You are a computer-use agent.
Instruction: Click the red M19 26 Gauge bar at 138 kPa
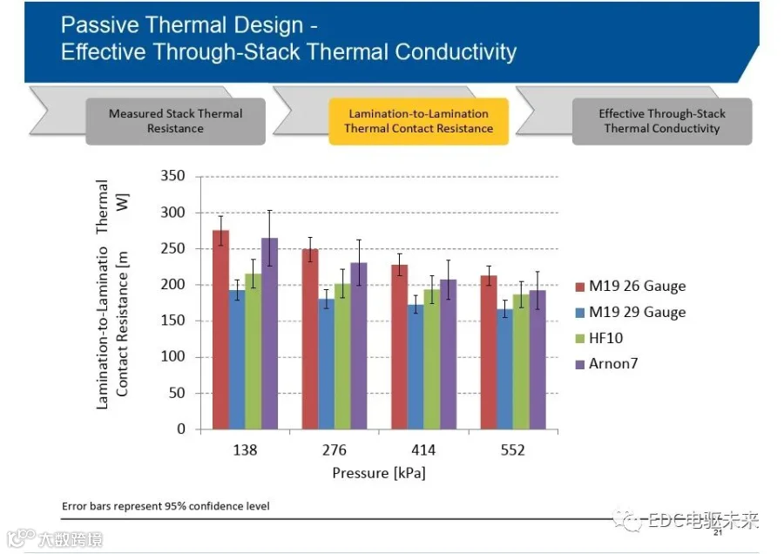point(221,329)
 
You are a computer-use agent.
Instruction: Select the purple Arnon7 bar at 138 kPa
point(269,334)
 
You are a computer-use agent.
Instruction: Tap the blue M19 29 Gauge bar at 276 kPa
point(327,364)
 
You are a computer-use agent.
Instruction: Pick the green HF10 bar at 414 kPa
point(432,360)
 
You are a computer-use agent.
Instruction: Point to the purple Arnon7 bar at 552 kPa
point(537,360)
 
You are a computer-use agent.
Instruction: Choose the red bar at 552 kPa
point(489,352)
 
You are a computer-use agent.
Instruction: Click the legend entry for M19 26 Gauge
point(631,286)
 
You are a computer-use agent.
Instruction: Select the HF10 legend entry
point(599,338)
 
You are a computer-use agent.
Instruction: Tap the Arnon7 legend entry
point(607,363)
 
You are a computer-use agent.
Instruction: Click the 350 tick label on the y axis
point(172,176)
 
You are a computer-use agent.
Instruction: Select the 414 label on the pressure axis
point(423,450)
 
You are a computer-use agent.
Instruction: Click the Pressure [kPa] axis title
point(379,473)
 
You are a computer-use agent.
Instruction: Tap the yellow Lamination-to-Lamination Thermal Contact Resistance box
point(418,121)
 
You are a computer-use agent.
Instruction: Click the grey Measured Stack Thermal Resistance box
point(175,121)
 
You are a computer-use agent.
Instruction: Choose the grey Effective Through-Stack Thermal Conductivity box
point(662,121)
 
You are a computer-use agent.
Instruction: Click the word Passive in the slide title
point(99,25)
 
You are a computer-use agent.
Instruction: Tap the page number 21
point(718,533)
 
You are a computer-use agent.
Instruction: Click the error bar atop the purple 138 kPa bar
point(269,238)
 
